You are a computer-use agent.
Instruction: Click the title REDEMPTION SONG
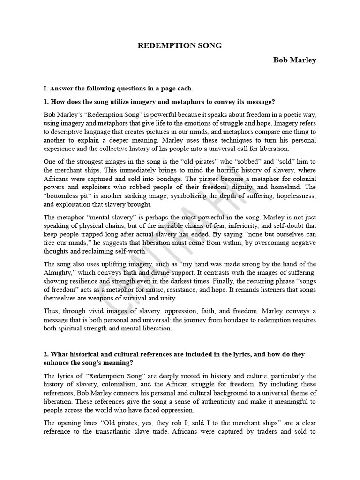[x=180, y=45]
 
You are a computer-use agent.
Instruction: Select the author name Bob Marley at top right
[x=295, y=60]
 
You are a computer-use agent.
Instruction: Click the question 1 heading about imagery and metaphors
[x=159, y=102]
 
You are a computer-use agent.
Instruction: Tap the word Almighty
[x=59, y=273]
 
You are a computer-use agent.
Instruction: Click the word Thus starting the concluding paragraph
[x=51, y=311]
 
